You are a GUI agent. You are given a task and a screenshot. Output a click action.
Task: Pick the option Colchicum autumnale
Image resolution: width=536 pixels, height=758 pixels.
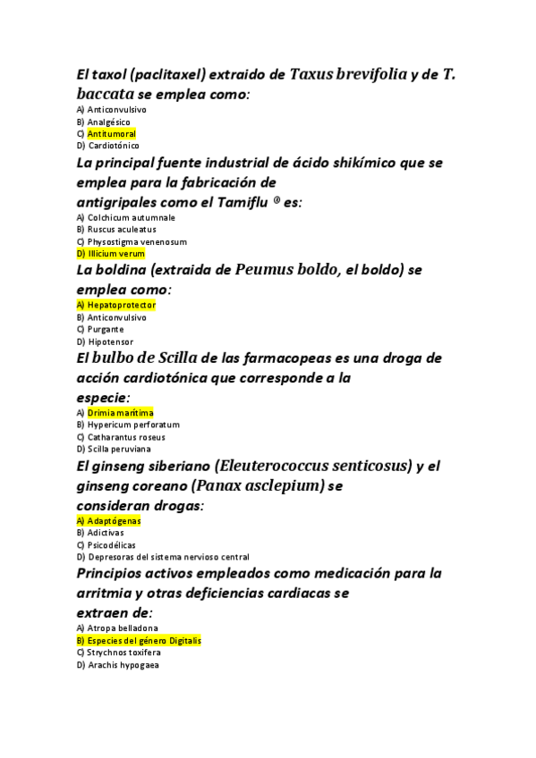[131, 217]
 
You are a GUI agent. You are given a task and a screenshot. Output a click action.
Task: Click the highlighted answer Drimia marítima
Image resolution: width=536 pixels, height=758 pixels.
[120, 413]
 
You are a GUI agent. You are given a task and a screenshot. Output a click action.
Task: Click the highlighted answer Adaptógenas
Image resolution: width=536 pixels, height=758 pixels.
[114, 520]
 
